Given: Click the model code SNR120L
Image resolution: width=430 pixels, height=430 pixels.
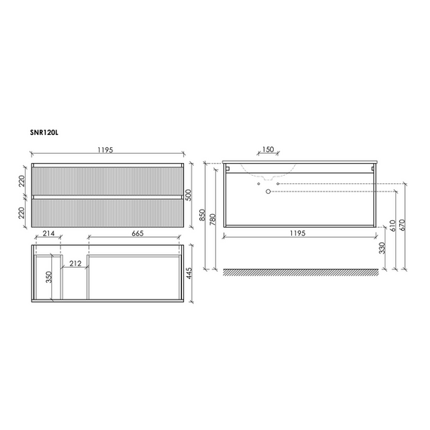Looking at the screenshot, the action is (45, 133).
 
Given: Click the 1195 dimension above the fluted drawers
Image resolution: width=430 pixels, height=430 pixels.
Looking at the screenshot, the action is (106, 150).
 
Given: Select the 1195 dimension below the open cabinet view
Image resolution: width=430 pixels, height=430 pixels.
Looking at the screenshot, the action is (297, 233).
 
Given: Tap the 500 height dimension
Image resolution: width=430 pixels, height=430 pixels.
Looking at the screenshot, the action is (189, 195).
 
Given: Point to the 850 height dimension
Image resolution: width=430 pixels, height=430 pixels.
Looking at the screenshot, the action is (202, 215).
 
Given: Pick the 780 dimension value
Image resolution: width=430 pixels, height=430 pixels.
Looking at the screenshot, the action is (213, 220).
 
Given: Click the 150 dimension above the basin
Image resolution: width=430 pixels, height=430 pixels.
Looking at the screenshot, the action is (268, 149).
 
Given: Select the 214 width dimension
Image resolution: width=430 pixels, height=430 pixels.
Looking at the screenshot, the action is (48, 233).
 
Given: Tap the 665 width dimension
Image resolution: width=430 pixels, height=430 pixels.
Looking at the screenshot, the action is (137, 233).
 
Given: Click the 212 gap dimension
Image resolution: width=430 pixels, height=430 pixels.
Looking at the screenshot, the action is (75, 263).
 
